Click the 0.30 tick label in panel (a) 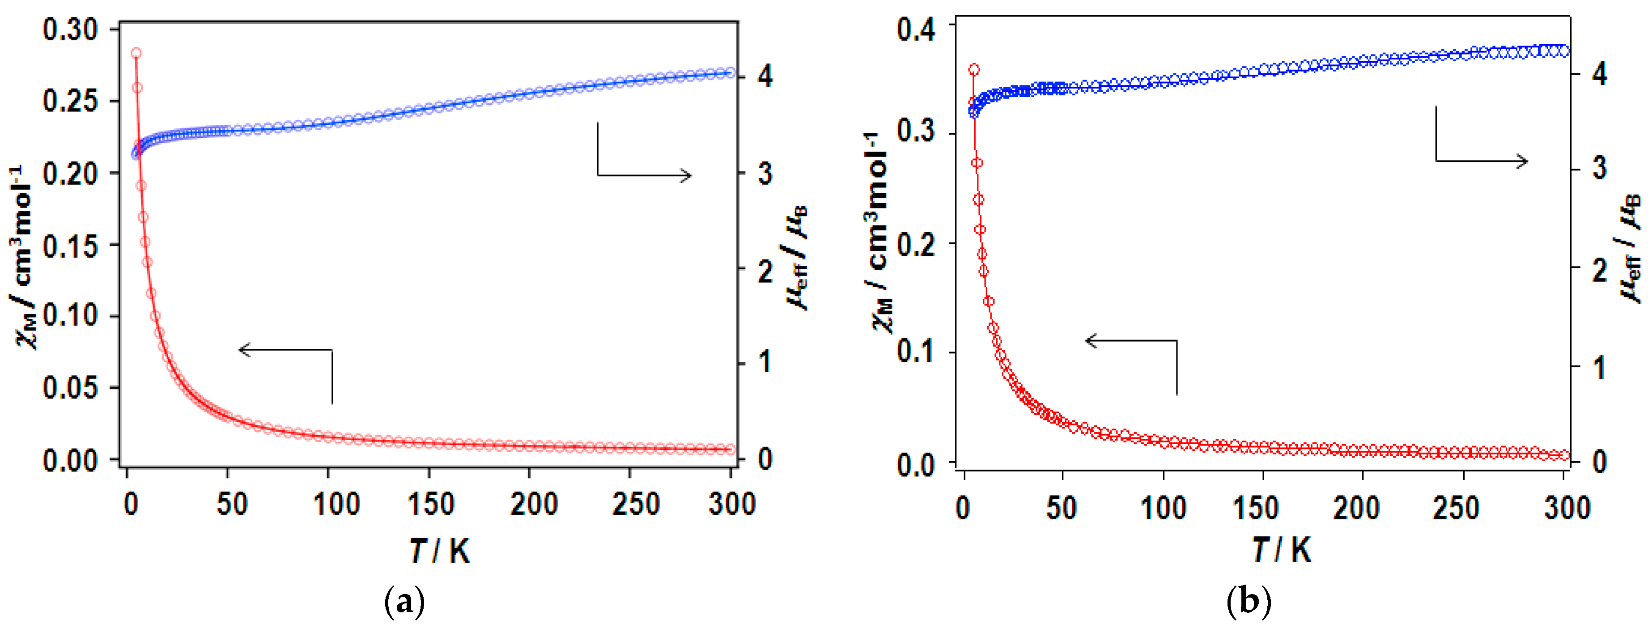(70, 30)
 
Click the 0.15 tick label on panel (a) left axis (70, 246)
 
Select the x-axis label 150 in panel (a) (430, 505)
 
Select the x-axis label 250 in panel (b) (1456, 509)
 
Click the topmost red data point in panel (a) (136, 53)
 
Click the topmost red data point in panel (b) (974, 70)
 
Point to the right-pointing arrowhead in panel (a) (687, 175)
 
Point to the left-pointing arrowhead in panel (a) (243, 349)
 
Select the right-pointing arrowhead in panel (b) (1523, 161)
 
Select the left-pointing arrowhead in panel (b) (1090, 340)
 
